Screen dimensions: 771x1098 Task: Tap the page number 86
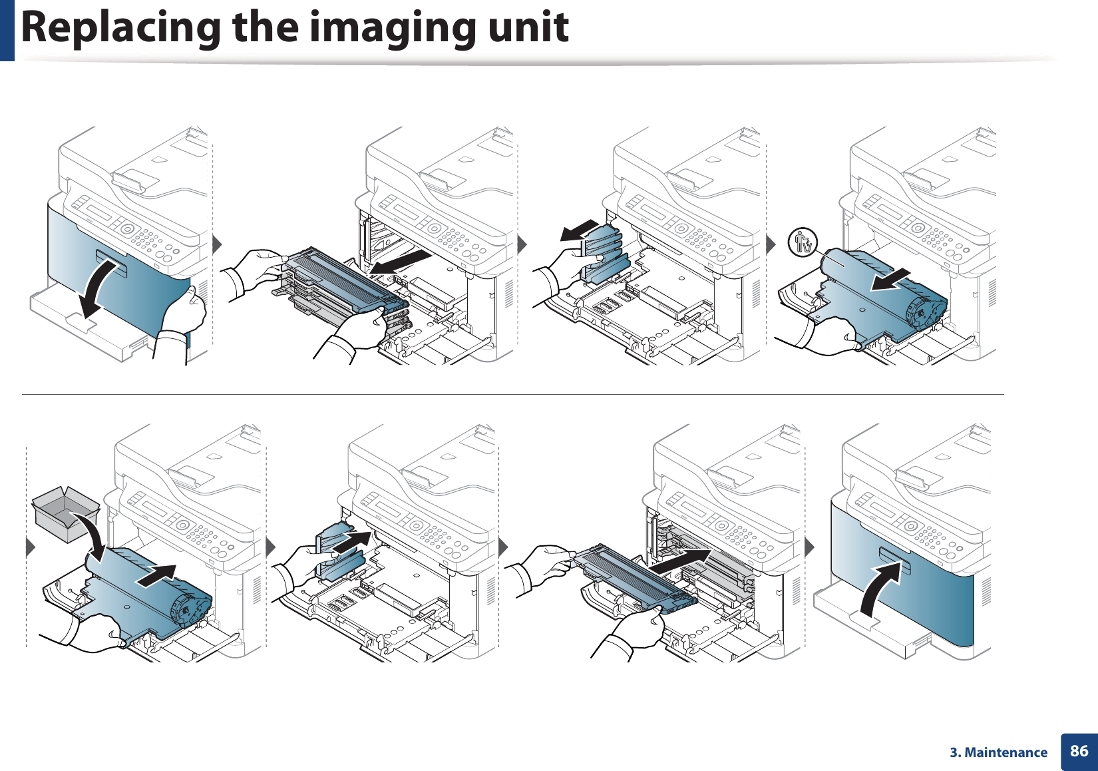[x=1079, y=751]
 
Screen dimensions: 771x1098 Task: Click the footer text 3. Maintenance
[x=998, y=752]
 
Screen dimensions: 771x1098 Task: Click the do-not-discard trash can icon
[x=803, y=242]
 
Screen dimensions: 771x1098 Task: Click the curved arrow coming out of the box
[x=90, y=536]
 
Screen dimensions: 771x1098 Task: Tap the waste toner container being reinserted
[x=339, y=553]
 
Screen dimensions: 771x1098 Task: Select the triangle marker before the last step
[x=809, y=547]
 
